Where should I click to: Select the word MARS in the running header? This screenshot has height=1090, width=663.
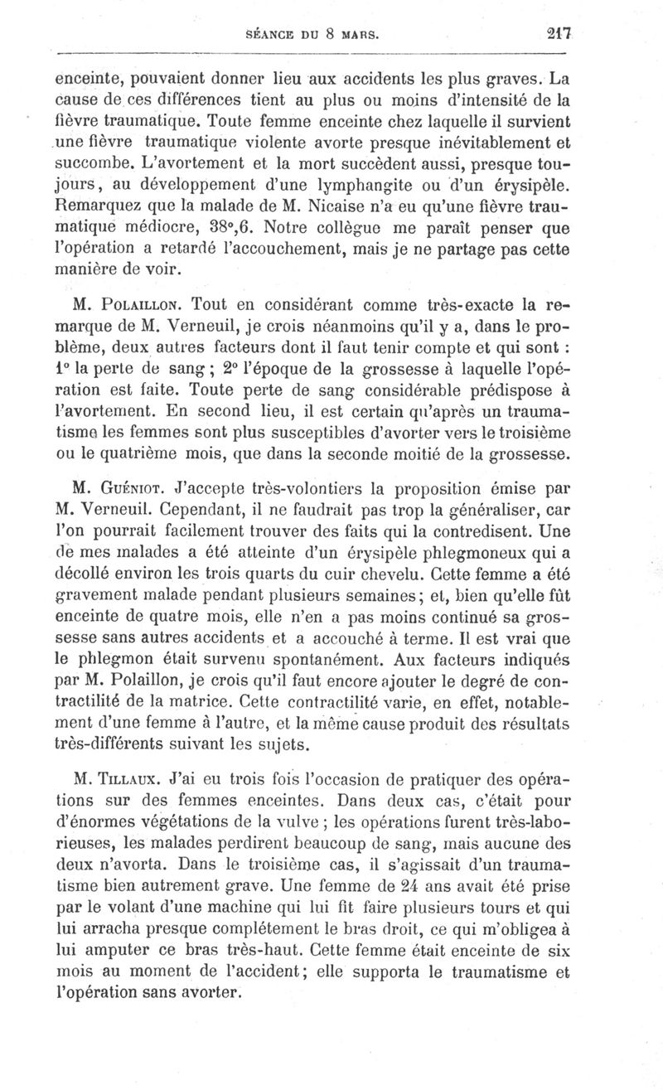coord(359,36)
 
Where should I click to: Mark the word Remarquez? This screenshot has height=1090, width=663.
coord(100,201)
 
